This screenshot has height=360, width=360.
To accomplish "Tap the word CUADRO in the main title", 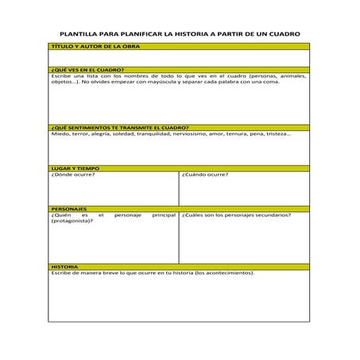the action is tap(282, 35).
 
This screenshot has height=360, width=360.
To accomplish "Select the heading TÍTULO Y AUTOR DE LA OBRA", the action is tap(88, 47).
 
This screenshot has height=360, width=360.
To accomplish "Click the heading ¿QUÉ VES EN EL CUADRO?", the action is tap(82, 70).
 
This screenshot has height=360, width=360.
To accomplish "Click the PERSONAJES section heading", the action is tap(69, 209).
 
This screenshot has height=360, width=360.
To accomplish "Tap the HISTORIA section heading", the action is tap(64, 267).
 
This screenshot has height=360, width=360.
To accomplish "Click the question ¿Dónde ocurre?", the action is tap(73, 175).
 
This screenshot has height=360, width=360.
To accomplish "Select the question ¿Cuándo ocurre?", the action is tap(205, 175).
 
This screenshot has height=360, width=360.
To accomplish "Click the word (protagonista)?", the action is tap(72, 221).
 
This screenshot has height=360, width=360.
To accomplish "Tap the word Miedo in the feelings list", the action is tap(59, 134).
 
